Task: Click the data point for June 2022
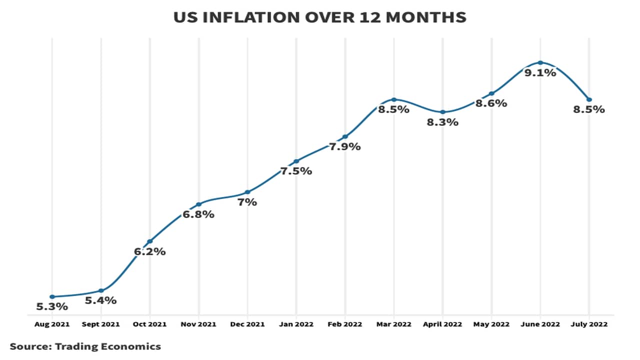tap(540, 62)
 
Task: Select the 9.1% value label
tap(540, 73)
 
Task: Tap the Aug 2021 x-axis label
tap(51, 324)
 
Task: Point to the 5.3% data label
tap(51, 306)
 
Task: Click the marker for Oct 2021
tap(149, 241)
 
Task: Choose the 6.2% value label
tap(149, 251)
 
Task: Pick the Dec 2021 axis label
tap(247, 324)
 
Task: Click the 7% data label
tap(247, 202)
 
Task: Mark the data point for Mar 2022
tap(393, 99)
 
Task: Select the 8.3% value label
tap(442, 122)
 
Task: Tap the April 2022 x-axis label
tap(442, 324)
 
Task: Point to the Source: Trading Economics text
tap(85, 346)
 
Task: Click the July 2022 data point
tap(589, 99)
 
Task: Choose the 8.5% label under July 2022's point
tap(589, 109)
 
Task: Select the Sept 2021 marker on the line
tap(101, 290)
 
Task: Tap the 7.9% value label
tap(345, 147)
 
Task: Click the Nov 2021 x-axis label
tap(198, 324)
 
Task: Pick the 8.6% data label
tap(491, 103)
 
